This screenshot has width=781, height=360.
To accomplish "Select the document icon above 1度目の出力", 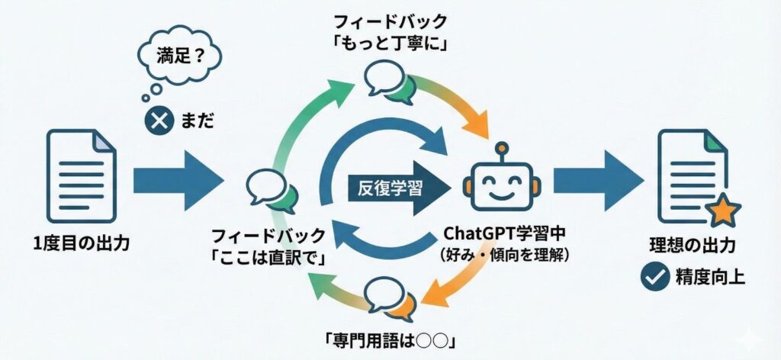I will point(79,173).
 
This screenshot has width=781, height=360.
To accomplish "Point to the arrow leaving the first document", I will point(178,181).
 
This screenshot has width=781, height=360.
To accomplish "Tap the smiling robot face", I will point(498,183).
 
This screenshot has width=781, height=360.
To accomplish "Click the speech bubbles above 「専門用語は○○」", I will point(390,297).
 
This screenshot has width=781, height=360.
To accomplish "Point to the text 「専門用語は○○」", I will point(390,337).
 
